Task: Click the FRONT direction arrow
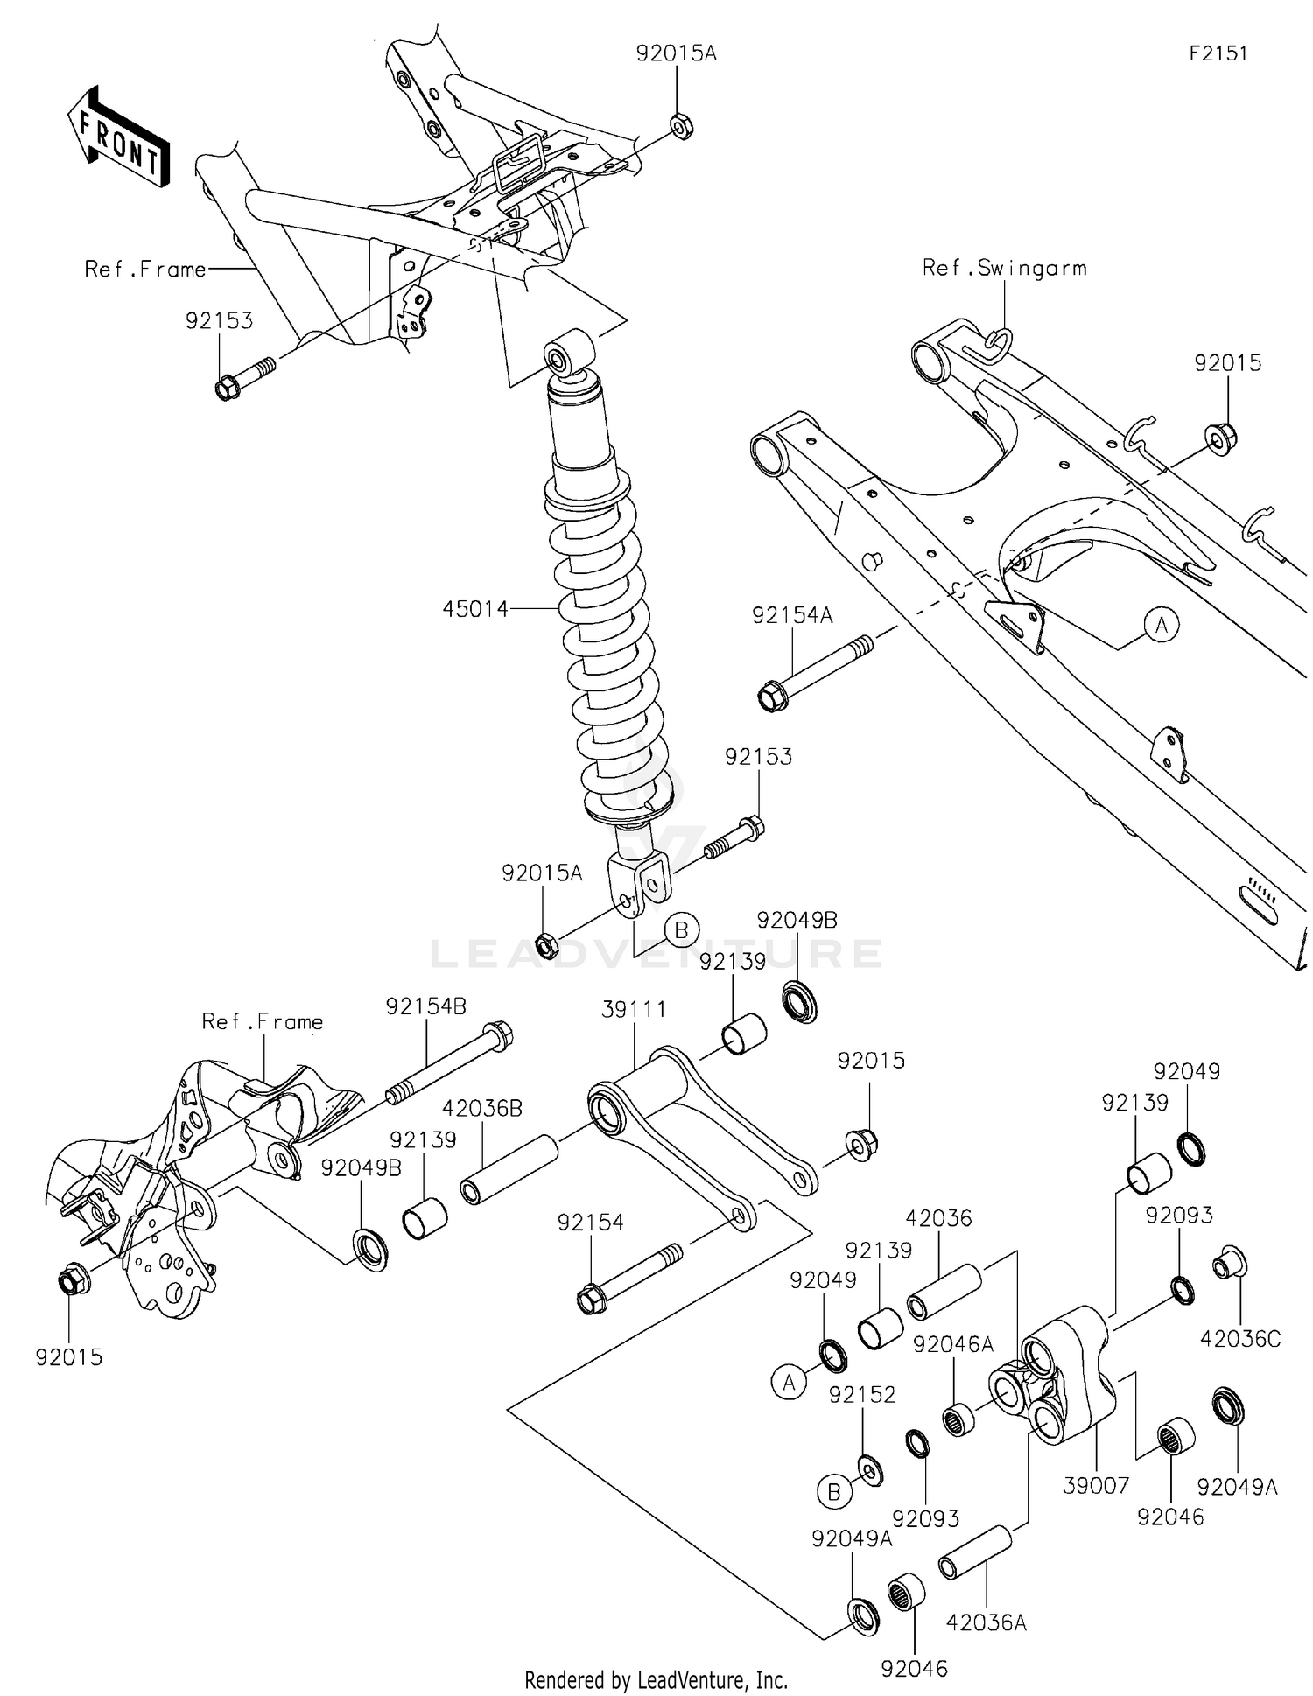coord(118,136)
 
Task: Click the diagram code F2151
coord(1218,53)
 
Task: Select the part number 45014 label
coord(475,609)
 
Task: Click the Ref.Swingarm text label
coord(1004,269)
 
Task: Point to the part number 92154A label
coord(792,616)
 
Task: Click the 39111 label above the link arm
coord(634,1009)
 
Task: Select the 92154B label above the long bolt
coord(426,1006)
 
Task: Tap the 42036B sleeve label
coord(482,1108)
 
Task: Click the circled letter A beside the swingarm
coord(1162,625)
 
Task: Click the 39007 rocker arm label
coord(1096,1485)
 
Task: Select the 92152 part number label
coord(862,1395)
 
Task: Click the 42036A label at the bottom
coord(986,1622)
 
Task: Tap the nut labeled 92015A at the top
coord(681,127)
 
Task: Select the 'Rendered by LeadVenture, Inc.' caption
coord(656,1679)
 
